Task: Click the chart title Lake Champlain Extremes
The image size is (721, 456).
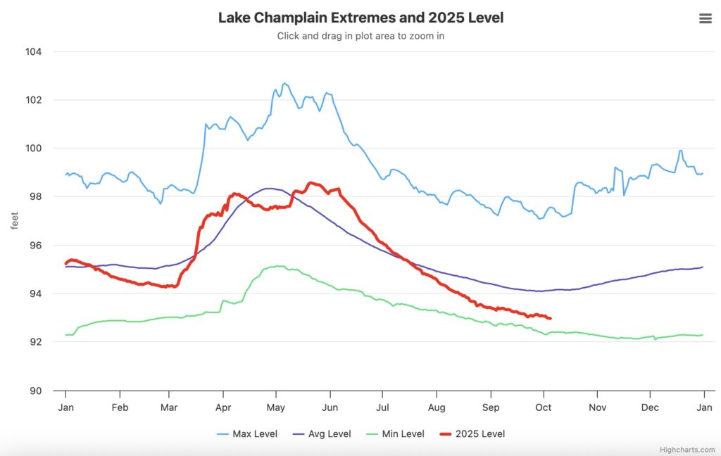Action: point(360,18)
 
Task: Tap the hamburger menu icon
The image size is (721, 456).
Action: point(705,18)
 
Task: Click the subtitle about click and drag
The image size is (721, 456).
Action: point(360,36)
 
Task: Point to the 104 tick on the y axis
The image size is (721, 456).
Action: point(34,52)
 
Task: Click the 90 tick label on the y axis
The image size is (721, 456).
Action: point(34,391)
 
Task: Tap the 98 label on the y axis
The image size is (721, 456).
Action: point(34,197)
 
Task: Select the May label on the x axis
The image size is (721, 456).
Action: point(276,407)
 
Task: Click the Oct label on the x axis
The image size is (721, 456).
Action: point(544,407)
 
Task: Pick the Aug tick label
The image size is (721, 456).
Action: point(436,407)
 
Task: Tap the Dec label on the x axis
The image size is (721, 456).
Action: point(650,407)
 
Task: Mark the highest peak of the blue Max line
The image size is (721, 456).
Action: point(284,83)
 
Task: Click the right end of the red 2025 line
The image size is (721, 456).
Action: point(550,319)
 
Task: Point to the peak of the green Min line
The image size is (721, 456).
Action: point(279,266)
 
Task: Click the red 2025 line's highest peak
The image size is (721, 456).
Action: point(311,183)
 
